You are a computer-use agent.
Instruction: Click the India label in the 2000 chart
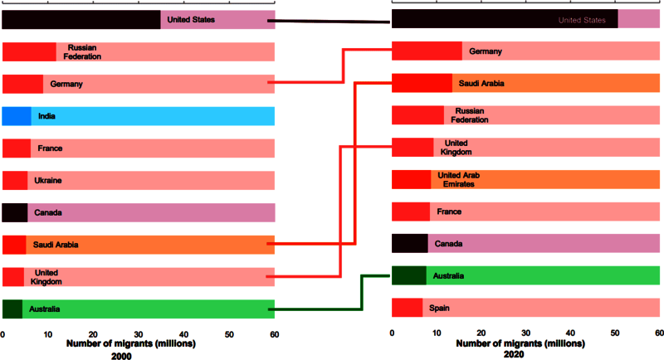click(46, 116)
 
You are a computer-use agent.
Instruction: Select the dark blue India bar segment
click(17, 116)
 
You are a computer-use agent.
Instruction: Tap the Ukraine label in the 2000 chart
click(48, 181)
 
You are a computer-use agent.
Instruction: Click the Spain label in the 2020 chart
click(439, 308)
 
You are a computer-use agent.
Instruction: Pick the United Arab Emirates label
click(459, 179)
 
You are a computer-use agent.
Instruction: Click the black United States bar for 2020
click(505, 19)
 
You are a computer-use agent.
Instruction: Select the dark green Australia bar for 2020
click(409, 275)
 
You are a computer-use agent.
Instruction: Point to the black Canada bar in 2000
click(15, 213)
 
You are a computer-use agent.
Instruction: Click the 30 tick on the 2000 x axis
click(138, 334)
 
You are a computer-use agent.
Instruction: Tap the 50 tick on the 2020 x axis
click(615, 333)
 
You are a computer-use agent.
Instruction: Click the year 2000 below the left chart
click(121, 356)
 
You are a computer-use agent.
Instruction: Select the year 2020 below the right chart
click(514, 354)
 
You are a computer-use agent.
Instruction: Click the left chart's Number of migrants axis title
click(131, 343)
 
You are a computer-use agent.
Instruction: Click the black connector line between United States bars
click(329, 21)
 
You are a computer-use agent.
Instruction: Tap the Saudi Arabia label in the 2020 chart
click(481, 83)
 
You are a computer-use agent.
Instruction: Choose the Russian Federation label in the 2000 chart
click(82, 52)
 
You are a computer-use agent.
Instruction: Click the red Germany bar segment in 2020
click(427, 51)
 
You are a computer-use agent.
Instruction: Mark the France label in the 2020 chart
click(449, 212)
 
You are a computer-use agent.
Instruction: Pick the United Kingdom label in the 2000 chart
click(46, 277)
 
